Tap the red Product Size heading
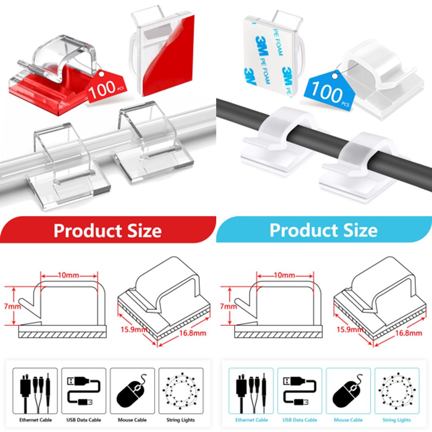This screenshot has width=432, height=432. pyautogui.click(x=107, y=231)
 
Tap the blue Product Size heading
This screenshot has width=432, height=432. pyautogui.click(x=323, y=230)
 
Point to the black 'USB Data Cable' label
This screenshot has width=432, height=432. pyautogui.click(x=84, y=420)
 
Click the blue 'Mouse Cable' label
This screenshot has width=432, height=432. pyautogui.click(x=348, y=420)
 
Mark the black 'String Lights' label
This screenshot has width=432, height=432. pyautogui.click(x=181, y=420)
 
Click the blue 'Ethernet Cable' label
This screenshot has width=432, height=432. pyautogui.click(x=251, y=420)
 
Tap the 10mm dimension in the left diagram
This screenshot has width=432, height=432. pyautogui.click(x=69, y=276)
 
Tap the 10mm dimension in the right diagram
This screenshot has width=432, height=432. pyautogui.click(x=285, y=276)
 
